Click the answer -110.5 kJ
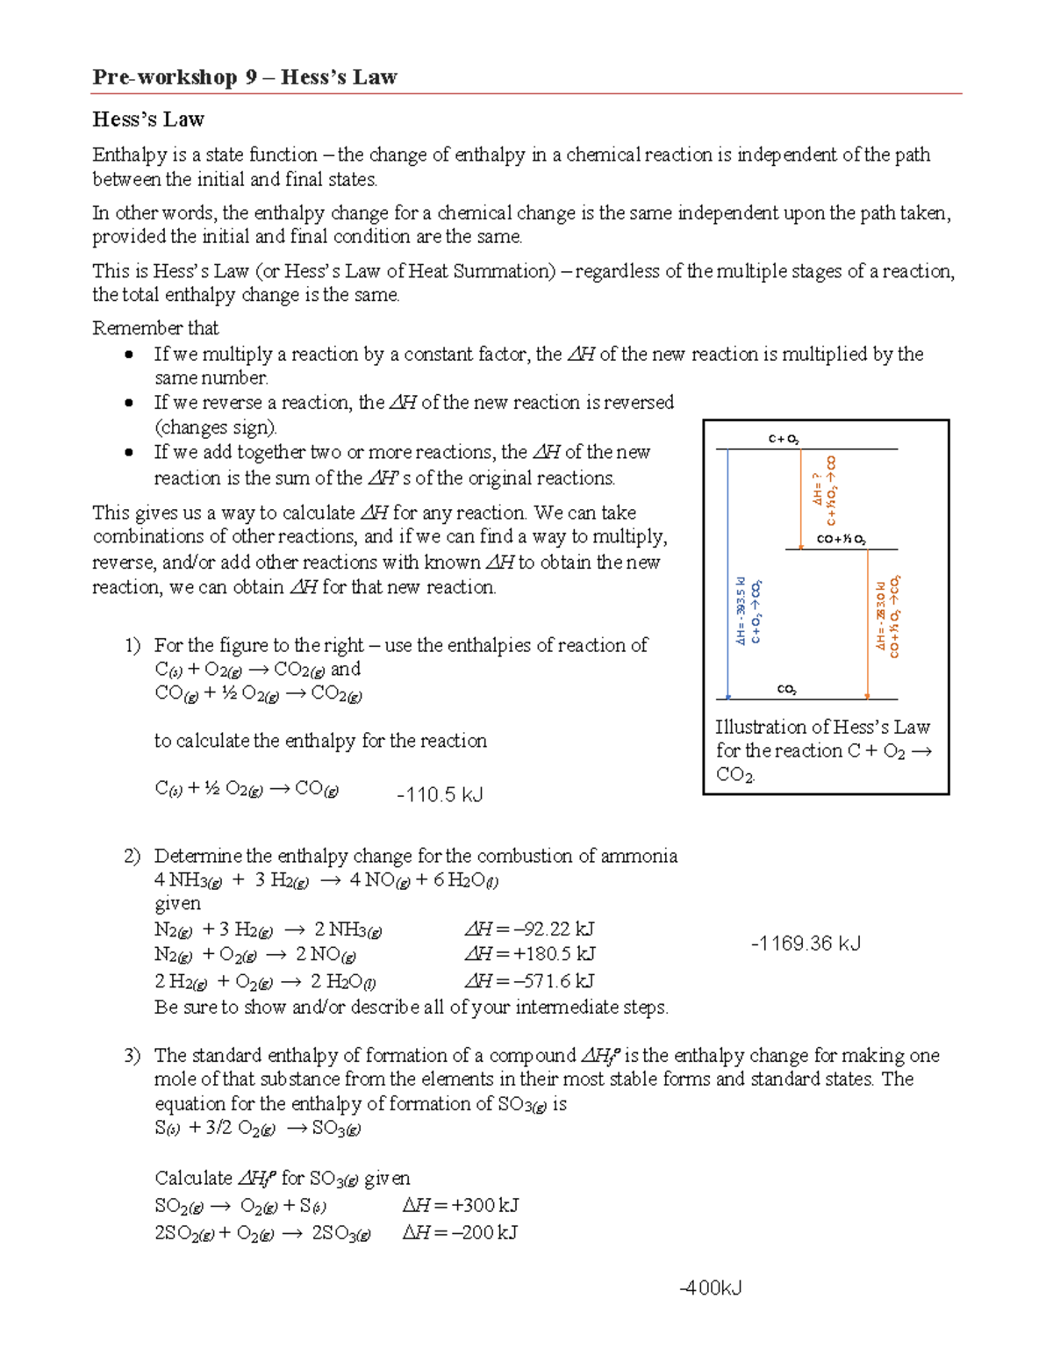pyautogui.click(x=440, y=795)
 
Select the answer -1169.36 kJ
pyautogui.click(x=806, y=943)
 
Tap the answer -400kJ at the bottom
pyautogui.click(x=711, y=1288)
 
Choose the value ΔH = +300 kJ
pyautogui.click(x=461, y=1205)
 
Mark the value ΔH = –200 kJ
pyautogui.click(x=460, y=1232)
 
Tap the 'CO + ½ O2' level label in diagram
pyautogui.click(x=841, y=540)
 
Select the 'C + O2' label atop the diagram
pyautogui.click(x=784, y=439)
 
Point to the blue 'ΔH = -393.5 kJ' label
pyautogui.click(x=741, y=612)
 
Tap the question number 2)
pyautogui.click(x=132, y=856)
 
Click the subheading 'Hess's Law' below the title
pyautogui.click(x=148, y=119)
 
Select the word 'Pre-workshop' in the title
pyautogui.click(x=164, y=77)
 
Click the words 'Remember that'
pyautogui.click(x=155, y=328)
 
